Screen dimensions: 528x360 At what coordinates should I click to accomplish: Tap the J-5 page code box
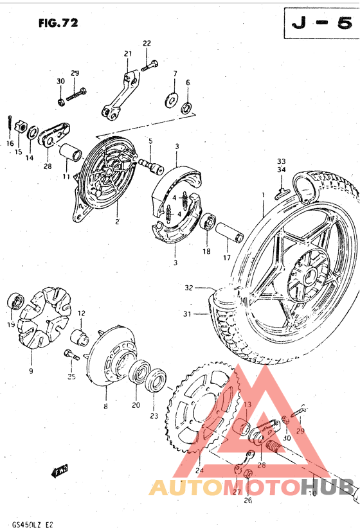point(318,24)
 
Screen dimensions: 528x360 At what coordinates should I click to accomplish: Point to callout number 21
point(128,53)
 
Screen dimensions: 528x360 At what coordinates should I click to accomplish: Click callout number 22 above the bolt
point(147,43)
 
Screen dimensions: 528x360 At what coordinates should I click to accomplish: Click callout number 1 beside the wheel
point(262,193)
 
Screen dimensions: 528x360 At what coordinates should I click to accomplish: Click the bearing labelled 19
point(15,303)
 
